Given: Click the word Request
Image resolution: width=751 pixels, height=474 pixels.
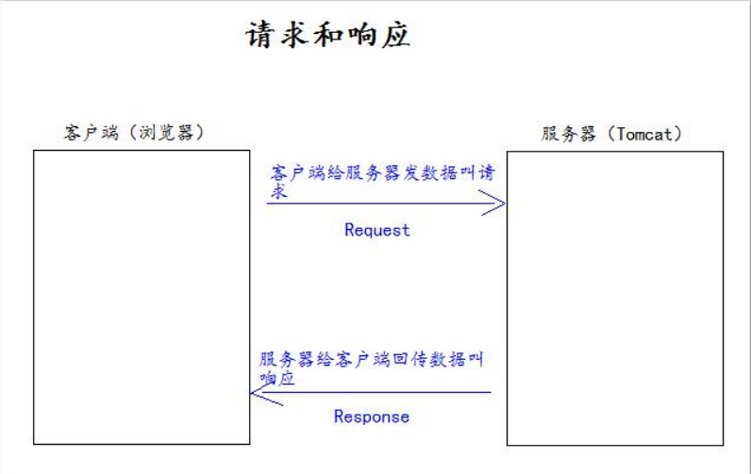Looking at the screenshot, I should click(377, 230).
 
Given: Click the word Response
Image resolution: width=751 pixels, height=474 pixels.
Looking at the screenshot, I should click(372, 417).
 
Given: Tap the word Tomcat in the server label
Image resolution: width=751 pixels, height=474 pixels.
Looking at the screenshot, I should click(644, 134).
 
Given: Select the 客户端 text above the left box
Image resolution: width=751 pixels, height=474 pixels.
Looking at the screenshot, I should click(92, 132).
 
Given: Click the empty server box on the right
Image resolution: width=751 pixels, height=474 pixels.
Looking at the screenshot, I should click(614, 298).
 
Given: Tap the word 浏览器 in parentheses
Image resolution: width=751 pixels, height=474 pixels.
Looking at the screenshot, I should click(166, 132).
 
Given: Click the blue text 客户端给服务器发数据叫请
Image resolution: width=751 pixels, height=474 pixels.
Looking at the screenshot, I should click(383, 174).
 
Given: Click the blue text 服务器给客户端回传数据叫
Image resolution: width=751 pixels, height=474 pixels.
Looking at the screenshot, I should click(372, 360).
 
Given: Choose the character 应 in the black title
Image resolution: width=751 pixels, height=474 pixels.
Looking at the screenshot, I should click(394, 36).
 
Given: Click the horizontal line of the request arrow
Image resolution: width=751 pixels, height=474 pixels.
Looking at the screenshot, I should click(377, 203).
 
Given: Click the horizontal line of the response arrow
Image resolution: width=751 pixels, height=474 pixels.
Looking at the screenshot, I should click(377, 393).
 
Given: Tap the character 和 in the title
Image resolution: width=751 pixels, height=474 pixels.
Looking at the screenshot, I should click(329, 36).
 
